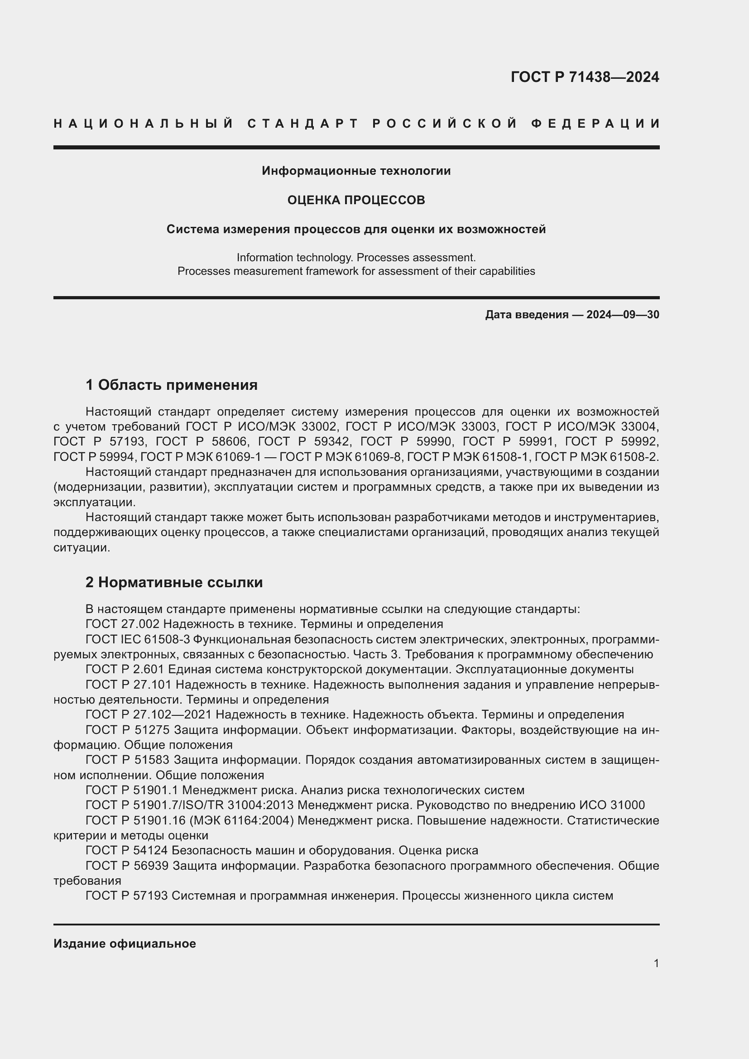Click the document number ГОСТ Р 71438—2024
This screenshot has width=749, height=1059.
point(585,77)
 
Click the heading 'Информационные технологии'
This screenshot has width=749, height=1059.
point(356,171)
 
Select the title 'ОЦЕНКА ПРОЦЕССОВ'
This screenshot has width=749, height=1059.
point(356,200)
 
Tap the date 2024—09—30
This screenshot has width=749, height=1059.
point(623,315)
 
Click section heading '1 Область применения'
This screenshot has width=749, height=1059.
point(172,385)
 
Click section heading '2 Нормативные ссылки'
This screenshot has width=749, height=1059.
point(174,583)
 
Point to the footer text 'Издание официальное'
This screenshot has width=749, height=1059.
point(125,944)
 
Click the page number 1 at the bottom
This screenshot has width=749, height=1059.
point(656,963)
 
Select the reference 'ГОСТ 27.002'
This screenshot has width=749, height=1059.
point(122,624)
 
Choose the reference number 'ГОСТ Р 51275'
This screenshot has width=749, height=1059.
point(128,730)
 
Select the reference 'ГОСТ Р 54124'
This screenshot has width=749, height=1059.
point(127,851)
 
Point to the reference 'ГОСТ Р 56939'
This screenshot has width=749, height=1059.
point(127,866)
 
